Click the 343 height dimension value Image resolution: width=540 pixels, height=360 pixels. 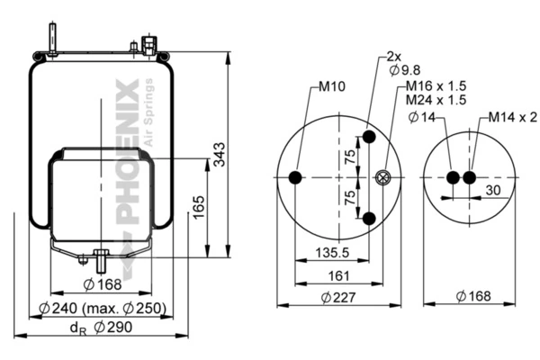[x=219, y=154]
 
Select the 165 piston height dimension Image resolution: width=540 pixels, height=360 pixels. [x=199, y=207]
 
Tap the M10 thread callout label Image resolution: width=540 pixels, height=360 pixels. [x=331, y=86]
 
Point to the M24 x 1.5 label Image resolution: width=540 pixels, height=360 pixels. [x=436, y=100]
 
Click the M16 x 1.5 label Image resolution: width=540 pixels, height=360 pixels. [x=436, y=85]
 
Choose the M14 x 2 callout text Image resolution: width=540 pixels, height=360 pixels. [x=513, y=118]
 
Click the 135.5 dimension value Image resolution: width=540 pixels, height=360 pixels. [x=332, y=253]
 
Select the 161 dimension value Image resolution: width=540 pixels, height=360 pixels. [x=339, y=276]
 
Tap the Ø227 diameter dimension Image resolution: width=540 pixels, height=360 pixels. [x=338, y=297]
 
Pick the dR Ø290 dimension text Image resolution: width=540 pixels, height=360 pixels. [x=101, y=328]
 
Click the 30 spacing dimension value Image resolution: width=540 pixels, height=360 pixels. [x=493, y=190]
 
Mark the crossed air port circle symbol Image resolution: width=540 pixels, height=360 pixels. [x=382, y=178]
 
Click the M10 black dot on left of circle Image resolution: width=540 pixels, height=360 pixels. [x=295, y=178]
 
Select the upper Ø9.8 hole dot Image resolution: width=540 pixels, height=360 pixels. [x=369, y=137]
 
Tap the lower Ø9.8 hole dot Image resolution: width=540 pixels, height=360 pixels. [x=369, y=218]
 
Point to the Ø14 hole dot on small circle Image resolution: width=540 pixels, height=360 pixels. [x=453, y=178]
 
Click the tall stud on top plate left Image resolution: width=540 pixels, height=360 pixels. [x=52, y=39]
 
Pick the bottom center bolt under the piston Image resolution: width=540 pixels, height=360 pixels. [x=101, y=261]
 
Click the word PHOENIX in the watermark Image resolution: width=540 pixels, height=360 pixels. [x=128, y=151]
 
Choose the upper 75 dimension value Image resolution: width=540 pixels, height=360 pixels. [x=350, y=157]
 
